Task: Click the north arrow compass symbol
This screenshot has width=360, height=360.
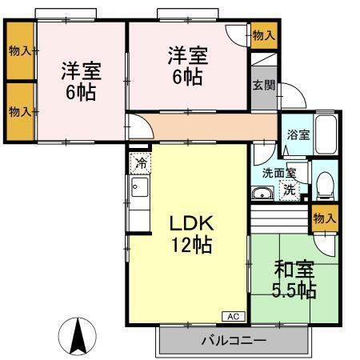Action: [x=78, y=336]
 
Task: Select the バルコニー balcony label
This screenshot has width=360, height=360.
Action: [x=233, y=340]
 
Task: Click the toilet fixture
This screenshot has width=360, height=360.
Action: [x=324, y=185]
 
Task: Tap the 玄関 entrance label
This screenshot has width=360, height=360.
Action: [x=262, y=86]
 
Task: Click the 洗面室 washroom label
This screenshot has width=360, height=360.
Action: [x=279, y=173]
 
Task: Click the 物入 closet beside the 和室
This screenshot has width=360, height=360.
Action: [x=325, y=218]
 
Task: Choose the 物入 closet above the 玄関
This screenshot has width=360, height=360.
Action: [x=263, y=34]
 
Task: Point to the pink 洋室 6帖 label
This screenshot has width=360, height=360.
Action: [x=188, y=66]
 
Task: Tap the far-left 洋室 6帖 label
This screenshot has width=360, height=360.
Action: [x=80, y=80]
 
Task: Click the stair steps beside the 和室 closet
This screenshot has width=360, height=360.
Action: [x=280, y=216]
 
